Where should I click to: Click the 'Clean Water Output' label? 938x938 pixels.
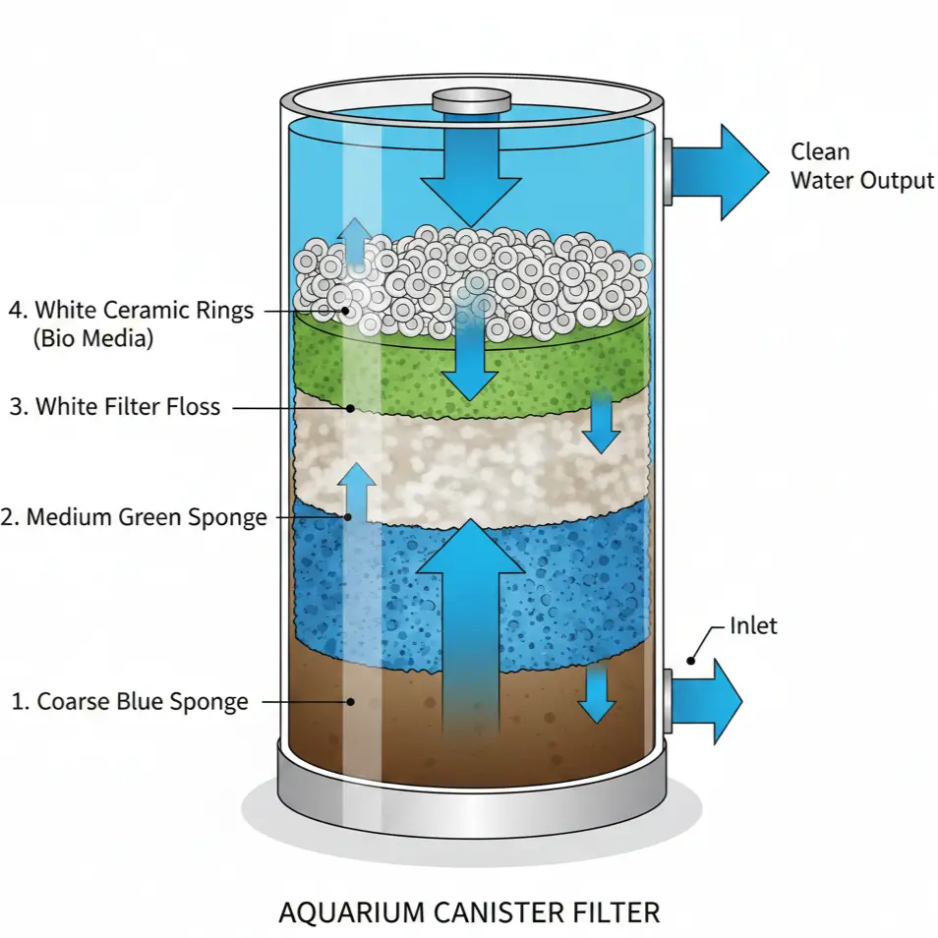[861, 166]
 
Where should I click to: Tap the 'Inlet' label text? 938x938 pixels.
[753, 625]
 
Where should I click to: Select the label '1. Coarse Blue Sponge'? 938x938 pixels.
[130, 702]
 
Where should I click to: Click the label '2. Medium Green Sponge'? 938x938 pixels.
[135, 517]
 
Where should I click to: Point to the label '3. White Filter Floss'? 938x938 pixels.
[115, 406]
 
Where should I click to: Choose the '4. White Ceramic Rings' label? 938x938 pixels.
[131, 311]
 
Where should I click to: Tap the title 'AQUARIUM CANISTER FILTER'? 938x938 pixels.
[469, 910]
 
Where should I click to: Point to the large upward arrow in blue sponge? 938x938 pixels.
[471, 619]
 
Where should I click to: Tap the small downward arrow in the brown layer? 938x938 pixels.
[596, 694]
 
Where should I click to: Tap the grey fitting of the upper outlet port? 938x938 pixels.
[666, 171]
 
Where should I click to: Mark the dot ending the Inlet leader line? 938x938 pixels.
[691, 661]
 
